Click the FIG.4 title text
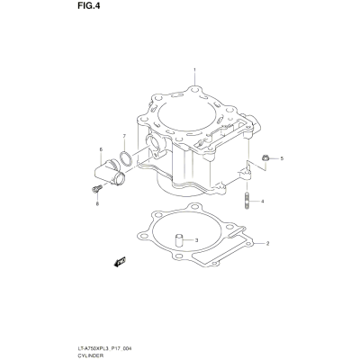tap(88, 6)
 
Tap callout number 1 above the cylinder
tap(194, 70)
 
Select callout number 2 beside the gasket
tap(267, 243)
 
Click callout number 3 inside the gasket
tap(196, 240)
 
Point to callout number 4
tap(262, 202)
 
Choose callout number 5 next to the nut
tap(282, 158)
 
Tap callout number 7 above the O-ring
tap(124, 137)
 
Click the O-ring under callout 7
tap(126, 158)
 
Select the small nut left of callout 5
tap(265, 157)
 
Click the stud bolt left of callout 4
tap(247, 200)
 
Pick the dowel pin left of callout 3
tap(179, 240)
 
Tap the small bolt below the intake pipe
tap(96, 189)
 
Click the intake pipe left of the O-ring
tap(110, 172)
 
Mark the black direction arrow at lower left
tap(120, 262)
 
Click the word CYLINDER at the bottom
tap(90, 355)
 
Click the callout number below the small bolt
tap(97, 204)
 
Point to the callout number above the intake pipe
tap(101, 149)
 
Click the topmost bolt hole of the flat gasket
tap(196, 207)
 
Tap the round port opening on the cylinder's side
tap(154, 143)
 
